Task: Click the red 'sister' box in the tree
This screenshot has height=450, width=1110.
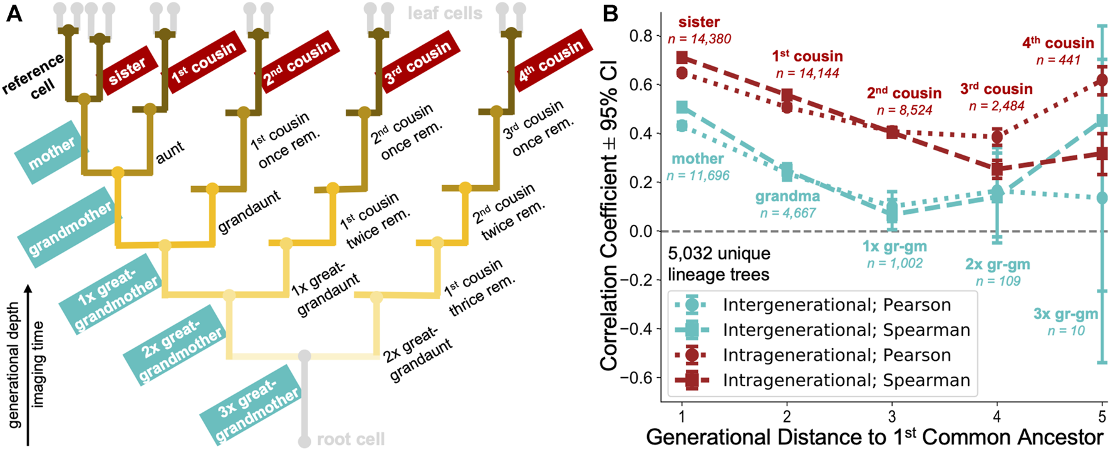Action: click(x=128, y=70)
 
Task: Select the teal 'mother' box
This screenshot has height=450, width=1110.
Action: click(x=52, y=152)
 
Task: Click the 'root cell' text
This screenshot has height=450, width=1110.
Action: click(x=350, y=439)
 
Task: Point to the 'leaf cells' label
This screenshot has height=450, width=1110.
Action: click(x=445, y=13)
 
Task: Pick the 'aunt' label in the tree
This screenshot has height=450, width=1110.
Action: click(x=170, y=152)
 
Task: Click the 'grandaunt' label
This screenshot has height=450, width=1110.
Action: click(x=249, y=212)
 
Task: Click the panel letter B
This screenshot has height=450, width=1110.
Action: click(x=610, y=14)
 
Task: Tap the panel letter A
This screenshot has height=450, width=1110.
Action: click(x=14, y=14)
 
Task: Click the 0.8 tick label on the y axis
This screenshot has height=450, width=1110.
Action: click(x=641, y=36)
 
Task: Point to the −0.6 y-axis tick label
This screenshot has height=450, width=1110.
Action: click(x=636, y=377)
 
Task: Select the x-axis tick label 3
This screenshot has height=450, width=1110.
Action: click(x=892, y=416)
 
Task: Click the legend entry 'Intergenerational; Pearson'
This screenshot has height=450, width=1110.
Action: click(x=836, y=305)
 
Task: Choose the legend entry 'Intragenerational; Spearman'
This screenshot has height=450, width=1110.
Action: click(x=846, y=380)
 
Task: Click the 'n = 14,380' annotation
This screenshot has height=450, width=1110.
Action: click(x=699, y=39)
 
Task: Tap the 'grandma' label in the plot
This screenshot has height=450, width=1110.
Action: click(x=787, y=196)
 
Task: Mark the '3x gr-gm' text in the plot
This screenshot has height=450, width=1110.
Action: click(x=1066, y=314)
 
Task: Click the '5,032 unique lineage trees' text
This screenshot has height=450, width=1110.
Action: click(x=718, y=264)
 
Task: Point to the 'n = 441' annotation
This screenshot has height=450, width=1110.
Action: click(x=1058, y=60)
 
